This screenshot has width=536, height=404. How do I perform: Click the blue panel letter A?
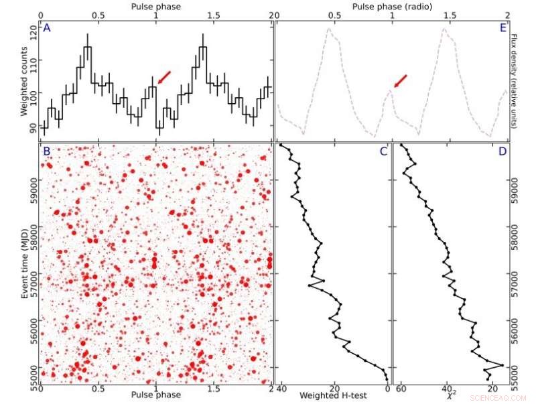[47, 28]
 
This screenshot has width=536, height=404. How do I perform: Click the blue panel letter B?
[47, 151]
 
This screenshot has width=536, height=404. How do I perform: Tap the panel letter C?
[383, 151]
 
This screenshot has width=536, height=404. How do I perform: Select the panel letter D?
[502, 151]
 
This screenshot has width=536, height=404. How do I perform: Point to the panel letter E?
[502, 28]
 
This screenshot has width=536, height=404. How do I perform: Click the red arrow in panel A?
[164, 77]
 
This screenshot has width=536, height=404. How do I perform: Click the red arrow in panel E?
[400, 81]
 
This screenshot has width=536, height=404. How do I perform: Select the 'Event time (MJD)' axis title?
[25, 263]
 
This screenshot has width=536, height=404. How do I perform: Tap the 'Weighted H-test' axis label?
[326, 396]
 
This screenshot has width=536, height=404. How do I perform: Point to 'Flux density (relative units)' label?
[523, 80]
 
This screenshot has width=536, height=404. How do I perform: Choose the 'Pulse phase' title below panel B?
[156, 395]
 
